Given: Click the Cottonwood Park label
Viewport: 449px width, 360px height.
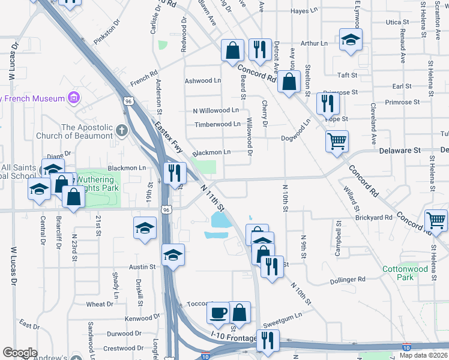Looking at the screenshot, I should pos(406,274).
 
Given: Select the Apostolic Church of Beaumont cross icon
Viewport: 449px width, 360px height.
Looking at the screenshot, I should pos(122,129).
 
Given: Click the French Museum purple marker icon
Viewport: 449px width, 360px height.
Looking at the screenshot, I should pos(74,97).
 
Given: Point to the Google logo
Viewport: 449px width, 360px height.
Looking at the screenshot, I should pos(20,353).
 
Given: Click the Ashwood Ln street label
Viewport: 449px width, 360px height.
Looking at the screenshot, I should pos(203,80).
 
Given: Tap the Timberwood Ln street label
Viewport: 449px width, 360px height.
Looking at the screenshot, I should pos(217,124).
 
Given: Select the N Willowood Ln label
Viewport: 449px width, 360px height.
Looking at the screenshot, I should pos(215,110).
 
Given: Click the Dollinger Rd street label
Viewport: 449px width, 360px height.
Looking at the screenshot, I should pos(348,280).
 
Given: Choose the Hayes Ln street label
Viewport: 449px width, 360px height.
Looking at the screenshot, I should pos(304,11).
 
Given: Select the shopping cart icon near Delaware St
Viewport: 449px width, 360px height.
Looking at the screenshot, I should pos(337,141).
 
